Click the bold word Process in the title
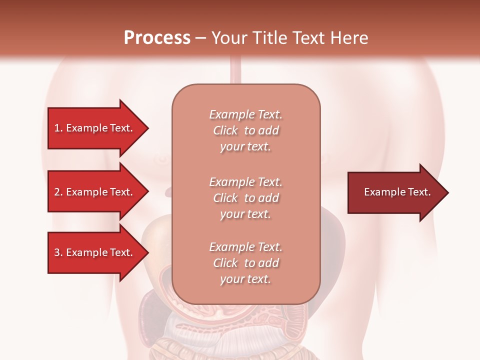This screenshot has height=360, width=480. [157, 38]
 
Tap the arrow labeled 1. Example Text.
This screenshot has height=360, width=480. [93, 128]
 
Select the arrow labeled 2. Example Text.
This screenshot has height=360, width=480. [93, 192]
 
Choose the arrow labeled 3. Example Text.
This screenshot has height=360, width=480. [93, 252]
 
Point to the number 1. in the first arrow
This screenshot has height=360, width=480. [58, 128]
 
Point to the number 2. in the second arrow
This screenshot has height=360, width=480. [58, 192]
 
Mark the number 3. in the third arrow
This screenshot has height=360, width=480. [58, 253]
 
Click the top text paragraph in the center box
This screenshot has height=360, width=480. [245, 130]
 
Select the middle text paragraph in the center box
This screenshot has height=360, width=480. [245, 198]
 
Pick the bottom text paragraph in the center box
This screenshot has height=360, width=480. [245, 263]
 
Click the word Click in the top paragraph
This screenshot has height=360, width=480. [225, 131]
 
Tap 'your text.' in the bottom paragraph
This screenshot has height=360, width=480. [245, 279]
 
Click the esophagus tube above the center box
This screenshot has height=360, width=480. [237, 70]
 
